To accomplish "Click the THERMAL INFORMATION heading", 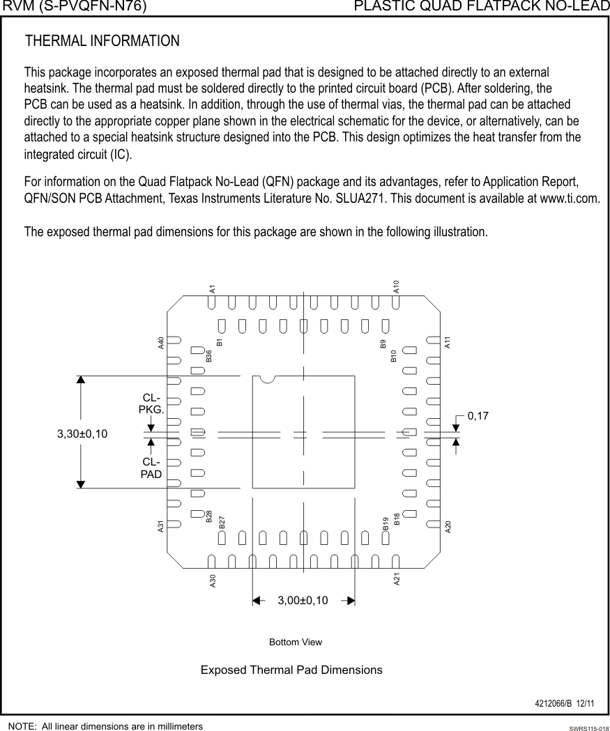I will coord(102,41).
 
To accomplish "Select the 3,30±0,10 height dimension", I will coord(82,433).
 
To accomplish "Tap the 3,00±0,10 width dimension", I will coord(303,601).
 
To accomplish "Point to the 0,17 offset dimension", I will coord(478,416).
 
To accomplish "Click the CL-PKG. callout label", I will coord(151,403).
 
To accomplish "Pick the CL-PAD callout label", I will coord(151,468).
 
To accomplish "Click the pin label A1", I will coord(213,288).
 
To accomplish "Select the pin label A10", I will coord(396,286).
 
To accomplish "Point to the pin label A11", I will coord(448,342).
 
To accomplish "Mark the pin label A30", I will coord(213,581).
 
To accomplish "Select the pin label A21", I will coord(396,579).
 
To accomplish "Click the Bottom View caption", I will coord(296,642).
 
